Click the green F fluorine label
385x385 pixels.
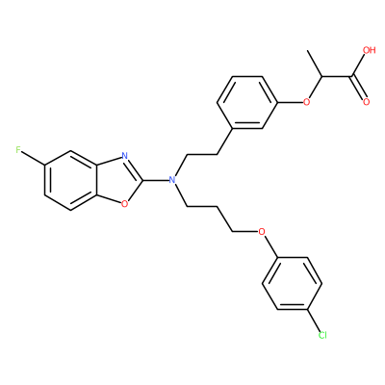18,150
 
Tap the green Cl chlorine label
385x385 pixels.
322,336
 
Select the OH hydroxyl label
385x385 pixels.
369,50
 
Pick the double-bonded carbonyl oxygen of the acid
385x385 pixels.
367,102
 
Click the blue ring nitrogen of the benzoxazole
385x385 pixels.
124,156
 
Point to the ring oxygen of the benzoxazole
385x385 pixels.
124,203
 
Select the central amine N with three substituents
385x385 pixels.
172,180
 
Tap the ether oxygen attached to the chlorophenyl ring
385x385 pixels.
262,231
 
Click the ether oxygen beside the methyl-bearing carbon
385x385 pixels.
307,102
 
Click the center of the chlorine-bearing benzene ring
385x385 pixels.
292,283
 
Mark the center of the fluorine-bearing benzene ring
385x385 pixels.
70,180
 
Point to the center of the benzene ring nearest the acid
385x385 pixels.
247,103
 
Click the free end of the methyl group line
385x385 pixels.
308,51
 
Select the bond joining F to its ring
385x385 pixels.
33,158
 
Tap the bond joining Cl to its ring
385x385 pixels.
314,321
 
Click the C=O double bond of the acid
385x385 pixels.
359,88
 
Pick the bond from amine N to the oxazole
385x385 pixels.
156,180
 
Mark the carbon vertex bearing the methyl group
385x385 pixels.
322,77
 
